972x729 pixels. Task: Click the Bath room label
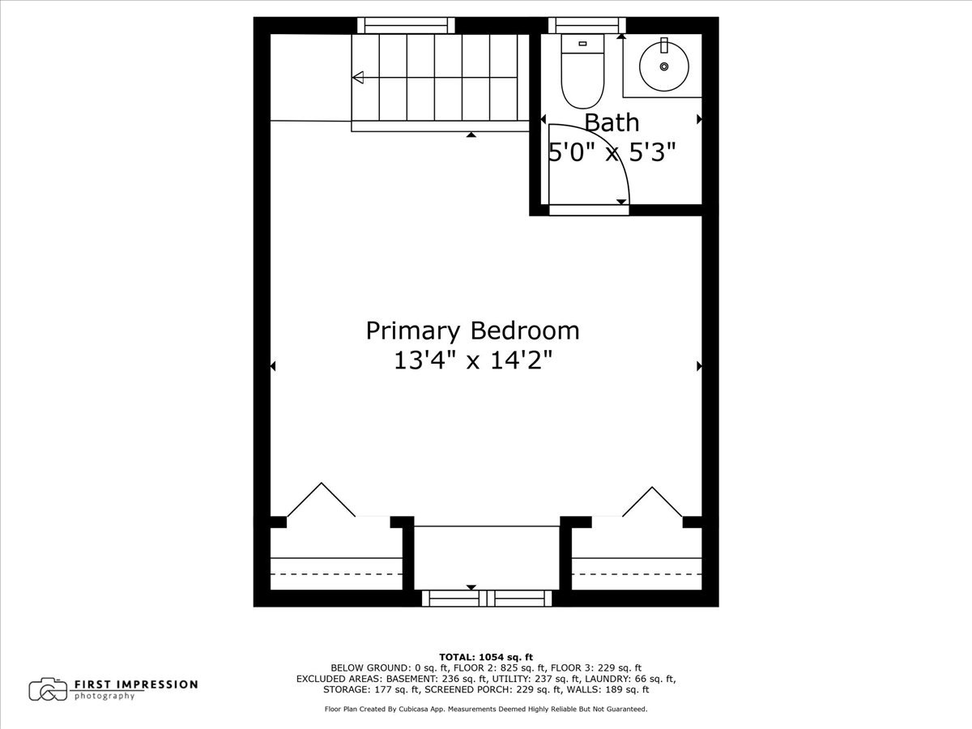point(612,123)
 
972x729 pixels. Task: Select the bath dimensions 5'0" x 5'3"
point(612,151)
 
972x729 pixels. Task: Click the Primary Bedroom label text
point(472,330)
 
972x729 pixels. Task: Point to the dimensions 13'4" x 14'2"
point(472,360)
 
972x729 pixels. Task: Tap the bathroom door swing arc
point(599,154)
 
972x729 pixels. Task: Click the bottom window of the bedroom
point(486,599)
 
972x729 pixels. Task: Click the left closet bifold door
point(321,500)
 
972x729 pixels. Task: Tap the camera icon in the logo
point(48,689)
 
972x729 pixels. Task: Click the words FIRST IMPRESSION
point(136,684)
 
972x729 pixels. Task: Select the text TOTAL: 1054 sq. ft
point(485,657)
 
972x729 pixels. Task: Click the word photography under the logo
point(104,697)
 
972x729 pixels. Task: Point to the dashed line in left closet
point(336,573)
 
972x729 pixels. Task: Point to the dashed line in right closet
point(637,573)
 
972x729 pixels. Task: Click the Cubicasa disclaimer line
point(485,709)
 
